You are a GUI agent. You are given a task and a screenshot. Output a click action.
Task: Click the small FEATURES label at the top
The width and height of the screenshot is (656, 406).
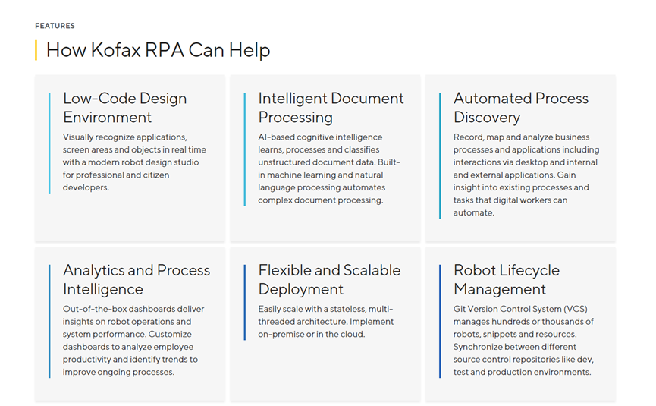coord(55,26)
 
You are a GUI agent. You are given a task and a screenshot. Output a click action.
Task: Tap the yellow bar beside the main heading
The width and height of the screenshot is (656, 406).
coord(36,51)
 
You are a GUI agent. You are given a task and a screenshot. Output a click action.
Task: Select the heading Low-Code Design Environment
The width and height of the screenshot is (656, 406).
coord(124,108)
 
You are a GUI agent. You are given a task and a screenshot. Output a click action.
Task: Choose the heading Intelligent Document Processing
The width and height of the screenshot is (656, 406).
coord(331,108)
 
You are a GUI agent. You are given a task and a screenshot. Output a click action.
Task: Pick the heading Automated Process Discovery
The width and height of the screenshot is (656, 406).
coord(520,108)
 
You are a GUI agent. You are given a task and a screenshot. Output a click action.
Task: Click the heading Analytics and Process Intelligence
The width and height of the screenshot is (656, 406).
coord(137,279)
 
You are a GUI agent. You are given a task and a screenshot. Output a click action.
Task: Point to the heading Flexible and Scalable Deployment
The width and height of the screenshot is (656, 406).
coord(329,279)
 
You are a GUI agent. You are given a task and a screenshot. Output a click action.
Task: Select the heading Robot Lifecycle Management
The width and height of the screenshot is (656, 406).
coord(506,279)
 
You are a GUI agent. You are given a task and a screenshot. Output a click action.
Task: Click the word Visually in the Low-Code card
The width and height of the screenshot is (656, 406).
coord(80,137)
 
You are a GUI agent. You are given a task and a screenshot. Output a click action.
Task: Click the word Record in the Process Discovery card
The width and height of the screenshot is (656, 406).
coord(468,137)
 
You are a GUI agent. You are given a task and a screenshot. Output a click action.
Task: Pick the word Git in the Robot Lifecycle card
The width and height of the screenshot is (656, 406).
coord(460,310)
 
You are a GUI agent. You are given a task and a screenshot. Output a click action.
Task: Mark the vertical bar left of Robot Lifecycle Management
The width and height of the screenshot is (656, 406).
coord(440,321)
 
